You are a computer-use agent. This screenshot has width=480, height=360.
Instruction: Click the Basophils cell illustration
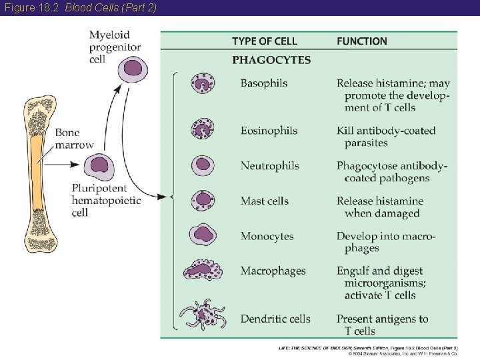point(203,84)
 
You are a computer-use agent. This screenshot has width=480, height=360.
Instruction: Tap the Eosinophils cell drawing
point(203,129)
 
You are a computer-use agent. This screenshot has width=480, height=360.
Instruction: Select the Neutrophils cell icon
point(203,165)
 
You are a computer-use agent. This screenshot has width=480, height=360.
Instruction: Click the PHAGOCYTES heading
point(271,60)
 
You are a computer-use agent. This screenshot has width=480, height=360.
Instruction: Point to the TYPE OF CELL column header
point(265,41)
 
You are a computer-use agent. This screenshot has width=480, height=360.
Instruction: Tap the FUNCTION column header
point(361,41)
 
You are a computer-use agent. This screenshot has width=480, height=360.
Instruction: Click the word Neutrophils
point(269,166)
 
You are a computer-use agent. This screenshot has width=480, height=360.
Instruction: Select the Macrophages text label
point(273,271)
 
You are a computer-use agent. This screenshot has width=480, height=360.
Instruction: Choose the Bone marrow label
point(74,139)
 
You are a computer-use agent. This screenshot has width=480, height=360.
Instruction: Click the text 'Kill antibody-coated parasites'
point(385,137)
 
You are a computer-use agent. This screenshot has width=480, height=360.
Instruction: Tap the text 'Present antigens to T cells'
point(382,325)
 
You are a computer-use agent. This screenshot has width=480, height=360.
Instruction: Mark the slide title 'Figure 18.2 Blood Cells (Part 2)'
point(79,7)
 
